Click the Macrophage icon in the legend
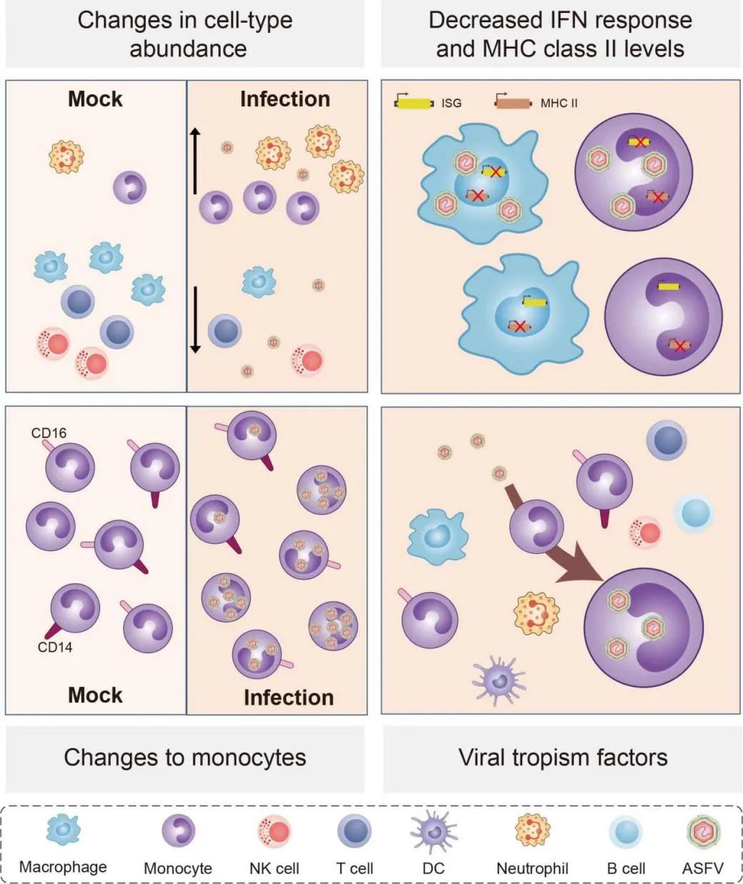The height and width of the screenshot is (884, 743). [x=64, y=830]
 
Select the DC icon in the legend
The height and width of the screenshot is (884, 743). [x=433, y=832]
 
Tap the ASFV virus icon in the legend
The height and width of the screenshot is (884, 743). [x=703, y=832]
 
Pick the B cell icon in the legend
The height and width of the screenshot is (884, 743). [x=626, y=832]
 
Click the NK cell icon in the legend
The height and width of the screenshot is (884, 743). [x=274, y=832]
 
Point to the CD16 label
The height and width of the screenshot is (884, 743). [x=49, y=433]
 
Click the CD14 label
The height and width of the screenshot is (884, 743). [x=55, y=647]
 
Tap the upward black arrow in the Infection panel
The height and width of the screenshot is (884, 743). [x=194, y=162]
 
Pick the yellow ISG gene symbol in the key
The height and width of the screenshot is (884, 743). [x=414, y=103]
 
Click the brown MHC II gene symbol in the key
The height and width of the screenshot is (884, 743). [x=513, y=103]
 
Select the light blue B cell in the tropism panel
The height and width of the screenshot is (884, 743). [x=694, y=514]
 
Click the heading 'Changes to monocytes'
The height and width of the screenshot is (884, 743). [x=185, y=758]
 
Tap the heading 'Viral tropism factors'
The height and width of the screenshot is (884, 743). [x=563, y=758]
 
